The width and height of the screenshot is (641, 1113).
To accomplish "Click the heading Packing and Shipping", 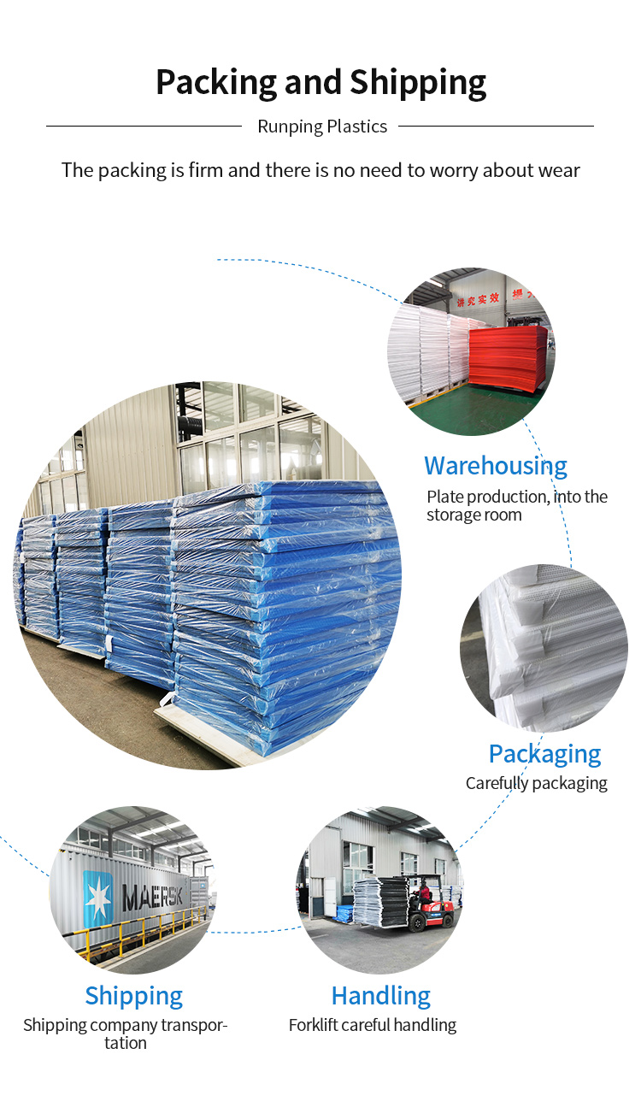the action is click(x=321, y=82).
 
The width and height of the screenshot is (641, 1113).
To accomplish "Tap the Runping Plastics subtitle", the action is click(x=322, y=127).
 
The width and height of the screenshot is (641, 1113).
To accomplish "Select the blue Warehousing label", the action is click(x=496, y=466).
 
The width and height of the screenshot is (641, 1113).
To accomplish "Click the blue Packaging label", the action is click(x=545, y=754).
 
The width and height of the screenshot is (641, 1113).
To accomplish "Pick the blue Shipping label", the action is click(x=133, y=996).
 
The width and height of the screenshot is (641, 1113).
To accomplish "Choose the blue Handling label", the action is click(x=380, y=996).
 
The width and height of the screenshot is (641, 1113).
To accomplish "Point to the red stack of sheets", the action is click(x=508, y=356).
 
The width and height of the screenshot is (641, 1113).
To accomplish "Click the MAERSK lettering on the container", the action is click(x=152, y=896).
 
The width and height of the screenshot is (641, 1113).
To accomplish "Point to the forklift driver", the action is click(x=423, y=892).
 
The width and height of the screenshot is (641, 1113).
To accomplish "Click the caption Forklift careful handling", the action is click(x=373, y=1025).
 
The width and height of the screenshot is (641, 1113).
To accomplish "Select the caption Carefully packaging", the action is click(x=536, y=783).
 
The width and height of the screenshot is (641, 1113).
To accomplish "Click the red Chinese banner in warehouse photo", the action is click(x=478, y=300).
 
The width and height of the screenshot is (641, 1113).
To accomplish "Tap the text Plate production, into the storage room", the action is click(x=517, y=505).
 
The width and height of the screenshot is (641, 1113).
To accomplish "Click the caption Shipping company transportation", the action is click(x=126, y=1033).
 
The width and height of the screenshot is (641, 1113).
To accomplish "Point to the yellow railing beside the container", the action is click(x=144, y=929).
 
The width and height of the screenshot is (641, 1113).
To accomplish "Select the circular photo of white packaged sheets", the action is click(x=544, y=648).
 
